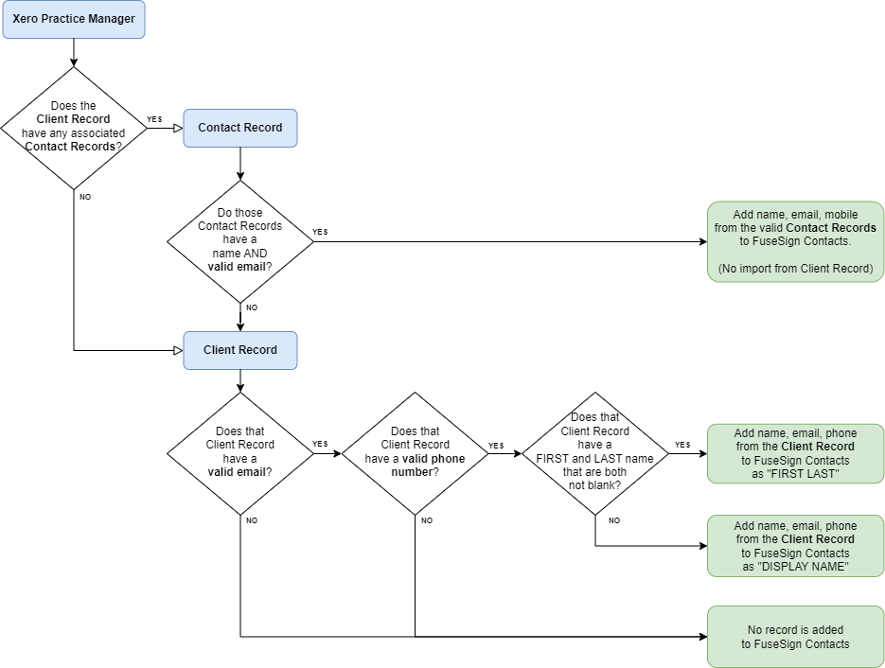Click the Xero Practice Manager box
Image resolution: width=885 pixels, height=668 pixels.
74,19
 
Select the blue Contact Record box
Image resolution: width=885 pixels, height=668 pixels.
239,128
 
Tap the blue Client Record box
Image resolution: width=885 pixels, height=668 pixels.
239,350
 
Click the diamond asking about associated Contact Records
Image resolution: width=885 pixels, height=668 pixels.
74,128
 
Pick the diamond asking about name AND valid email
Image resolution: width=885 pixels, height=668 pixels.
239,241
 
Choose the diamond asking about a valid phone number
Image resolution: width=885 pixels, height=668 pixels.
415,453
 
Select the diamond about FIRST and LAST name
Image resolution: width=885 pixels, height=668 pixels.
594,453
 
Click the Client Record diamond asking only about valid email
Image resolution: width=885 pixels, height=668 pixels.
239,453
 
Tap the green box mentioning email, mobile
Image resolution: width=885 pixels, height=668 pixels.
795,241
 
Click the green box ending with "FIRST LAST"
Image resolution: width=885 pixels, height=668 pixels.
795,453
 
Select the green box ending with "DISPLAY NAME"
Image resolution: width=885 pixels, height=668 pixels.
795,546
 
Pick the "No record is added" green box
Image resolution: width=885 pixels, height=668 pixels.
795,637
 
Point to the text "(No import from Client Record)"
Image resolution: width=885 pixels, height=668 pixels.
795,269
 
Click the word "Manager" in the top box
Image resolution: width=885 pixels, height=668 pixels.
112,19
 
